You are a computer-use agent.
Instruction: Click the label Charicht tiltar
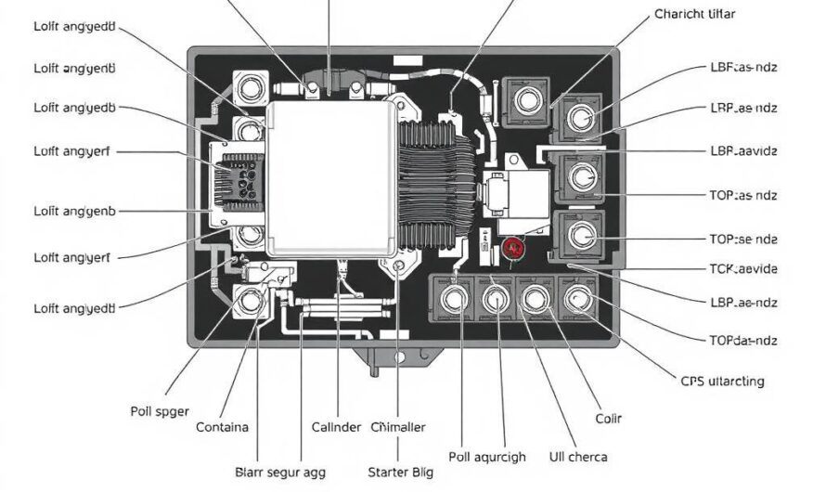[694, 14]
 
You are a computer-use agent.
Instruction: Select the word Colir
[608, 420]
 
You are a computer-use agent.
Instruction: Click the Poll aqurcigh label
[486, 457]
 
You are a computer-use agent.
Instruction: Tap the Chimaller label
[398, 427]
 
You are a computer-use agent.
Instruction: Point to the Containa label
[223, 427]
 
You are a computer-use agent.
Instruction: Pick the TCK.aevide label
[742, 269]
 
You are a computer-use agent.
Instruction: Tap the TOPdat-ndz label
[742, 340]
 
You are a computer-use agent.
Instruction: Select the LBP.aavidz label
[742, 149]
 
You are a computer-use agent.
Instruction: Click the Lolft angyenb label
[75, 212]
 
